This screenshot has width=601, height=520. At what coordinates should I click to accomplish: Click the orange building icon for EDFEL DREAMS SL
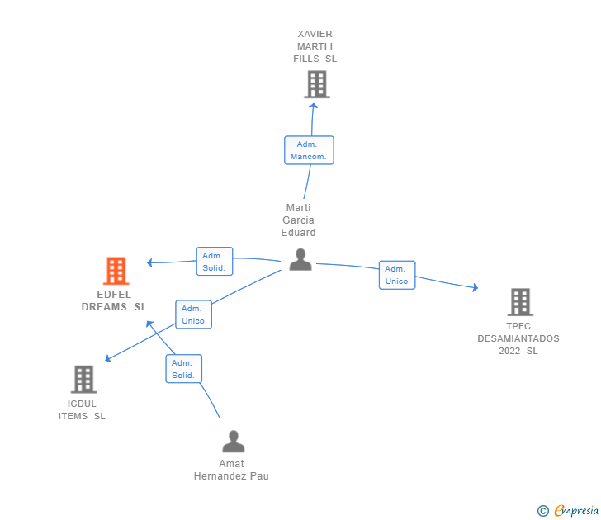coord(116,271)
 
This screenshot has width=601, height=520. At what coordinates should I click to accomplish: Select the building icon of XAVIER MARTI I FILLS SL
coord(316,84)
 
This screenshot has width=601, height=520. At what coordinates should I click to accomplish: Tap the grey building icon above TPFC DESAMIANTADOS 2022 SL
coord(519,302)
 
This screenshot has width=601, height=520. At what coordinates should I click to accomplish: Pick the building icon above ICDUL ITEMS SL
coord(83,380)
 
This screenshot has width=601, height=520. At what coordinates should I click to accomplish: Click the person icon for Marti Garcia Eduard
coord(300,259)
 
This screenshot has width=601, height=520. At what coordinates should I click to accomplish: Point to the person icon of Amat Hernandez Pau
coord(234,442)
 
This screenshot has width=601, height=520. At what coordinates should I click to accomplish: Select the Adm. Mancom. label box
coord(309,150)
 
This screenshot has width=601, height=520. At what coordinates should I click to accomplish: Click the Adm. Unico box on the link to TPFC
coord(396,275)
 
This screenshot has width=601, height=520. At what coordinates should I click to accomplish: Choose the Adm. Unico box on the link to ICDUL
coord(193,314)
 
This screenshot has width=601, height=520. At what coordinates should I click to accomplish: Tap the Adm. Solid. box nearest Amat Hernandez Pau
coord(182,369)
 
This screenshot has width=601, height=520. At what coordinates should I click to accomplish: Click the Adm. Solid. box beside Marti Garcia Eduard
coord(214,262)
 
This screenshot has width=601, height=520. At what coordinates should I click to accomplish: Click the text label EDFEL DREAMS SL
coord(114,300)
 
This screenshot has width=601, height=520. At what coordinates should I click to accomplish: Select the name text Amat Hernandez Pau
coord(231,470)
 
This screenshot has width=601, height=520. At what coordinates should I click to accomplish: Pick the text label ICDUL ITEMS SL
coord(82,409)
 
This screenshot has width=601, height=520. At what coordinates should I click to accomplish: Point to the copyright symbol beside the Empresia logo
coord(543,511)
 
